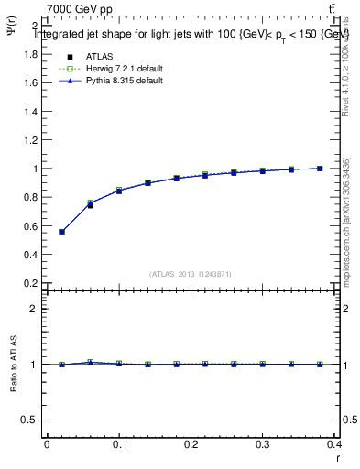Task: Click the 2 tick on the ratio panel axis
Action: (33, 309)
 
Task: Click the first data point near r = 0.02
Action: (61, 232)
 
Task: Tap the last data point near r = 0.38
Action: (320, 169)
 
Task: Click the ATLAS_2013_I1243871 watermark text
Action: (191, 273)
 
